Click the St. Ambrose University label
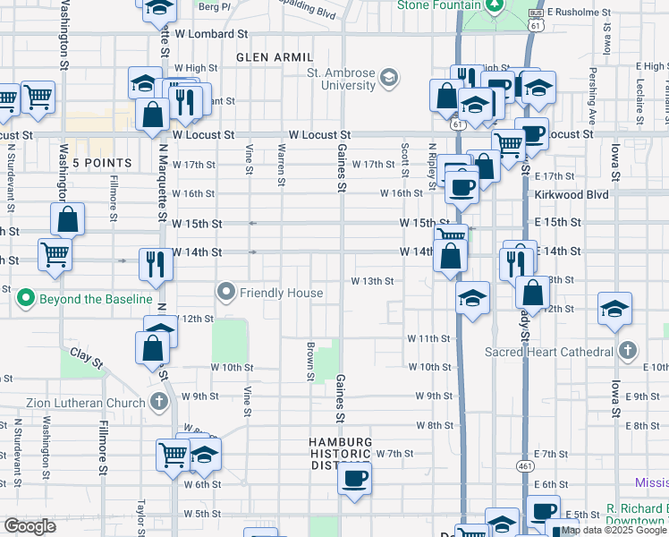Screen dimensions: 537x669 click(x=341, y=79)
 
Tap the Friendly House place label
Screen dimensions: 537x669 click(x=280, y=293)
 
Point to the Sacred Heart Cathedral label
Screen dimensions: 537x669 click(x=548, y=352)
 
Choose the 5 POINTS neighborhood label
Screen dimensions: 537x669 click(x=102, y=163)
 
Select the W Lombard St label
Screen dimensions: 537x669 click(x=211, y=34)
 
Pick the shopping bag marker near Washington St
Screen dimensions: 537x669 click(x=68, y=219)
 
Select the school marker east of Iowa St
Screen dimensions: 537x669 click(x=614, y=310)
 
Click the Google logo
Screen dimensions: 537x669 click(x=30, y=526)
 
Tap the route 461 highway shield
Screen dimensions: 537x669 click(x=525, y=466)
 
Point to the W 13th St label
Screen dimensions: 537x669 click(x=373, y=281)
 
